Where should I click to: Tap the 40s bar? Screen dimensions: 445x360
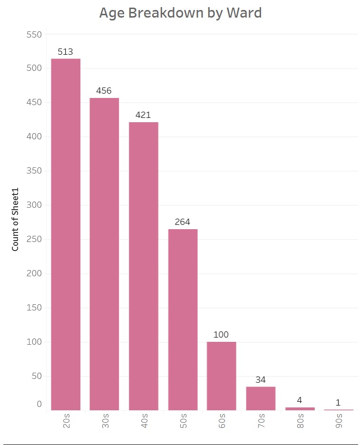tap(144, 266)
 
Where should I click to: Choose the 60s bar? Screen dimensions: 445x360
tap(222, 376)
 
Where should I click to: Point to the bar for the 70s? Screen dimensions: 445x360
tap(261, 398)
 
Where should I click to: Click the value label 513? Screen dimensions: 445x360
tap(66, 52)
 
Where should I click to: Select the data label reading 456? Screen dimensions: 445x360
tap(105, 91)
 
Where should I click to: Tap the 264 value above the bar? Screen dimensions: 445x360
tap(183, 222)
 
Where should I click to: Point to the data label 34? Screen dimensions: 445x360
tap(261, 380)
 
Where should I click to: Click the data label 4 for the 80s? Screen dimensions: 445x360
tap(300, 400)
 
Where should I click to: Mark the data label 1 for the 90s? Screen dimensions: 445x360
tap(338, 403)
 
